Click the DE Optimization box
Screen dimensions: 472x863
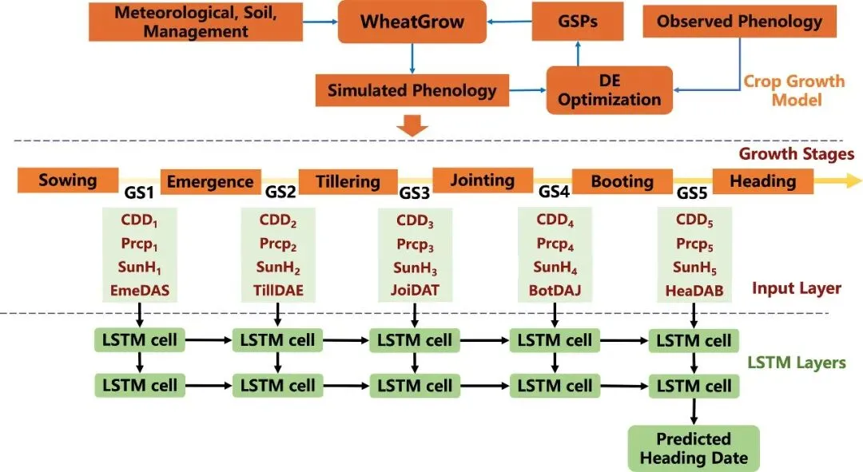pyautogui.click(x=609, y=90)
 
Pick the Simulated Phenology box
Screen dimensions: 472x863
pyautogui.click(x=412, y=89)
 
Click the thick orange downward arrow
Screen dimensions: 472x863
pyautogui.click(x=413, y=125)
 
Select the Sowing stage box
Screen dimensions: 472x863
pyautogui.click(x=68, y=180)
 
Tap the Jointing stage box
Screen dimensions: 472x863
pyautogui.click(x=482, y=180)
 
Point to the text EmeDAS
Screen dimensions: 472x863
pyautogui.click(x=142, y=290)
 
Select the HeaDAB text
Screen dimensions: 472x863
pyautogui.click(x=694, y=292)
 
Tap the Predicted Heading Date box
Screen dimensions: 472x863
pyautogui.click(x=694, y=448)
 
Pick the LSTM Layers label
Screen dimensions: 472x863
pyautogui.click(x=796, y=363)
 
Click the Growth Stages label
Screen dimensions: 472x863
pyautogui.click(x=796, y=153)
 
